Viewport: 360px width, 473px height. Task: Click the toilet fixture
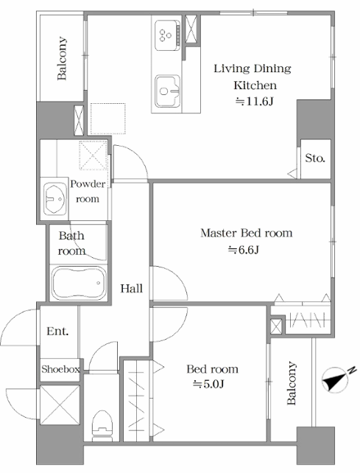(102, 426)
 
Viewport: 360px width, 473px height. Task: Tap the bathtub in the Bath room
(79, 283)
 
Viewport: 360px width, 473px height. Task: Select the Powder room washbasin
(55, 199)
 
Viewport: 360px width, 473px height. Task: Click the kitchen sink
(168, 91)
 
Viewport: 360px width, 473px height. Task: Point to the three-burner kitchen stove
(168, 35)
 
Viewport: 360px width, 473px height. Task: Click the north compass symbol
(336, 379)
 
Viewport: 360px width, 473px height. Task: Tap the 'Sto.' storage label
(315, 158)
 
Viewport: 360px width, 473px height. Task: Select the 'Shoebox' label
(60, 369)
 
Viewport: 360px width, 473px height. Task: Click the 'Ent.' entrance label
(57, 332)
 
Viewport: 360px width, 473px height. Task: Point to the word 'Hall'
(132, 288)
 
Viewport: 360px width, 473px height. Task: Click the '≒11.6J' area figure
(254, 102)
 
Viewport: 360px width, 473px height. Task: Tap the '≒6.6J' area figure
(244, 250)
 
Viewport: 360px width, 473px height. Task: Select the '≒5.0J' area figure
(208, 384)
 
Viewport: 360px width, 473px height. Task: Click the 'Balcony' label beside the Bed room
(292, 383)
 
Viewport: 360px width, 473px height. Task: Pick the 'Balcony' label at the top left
(62, 58)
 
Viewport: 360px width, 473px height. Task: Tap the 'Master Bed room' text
(247, 233)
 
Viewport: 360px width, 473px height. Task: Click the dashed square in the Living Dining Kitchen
(108, 119)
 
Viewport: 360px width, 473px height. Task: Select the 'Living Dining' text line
(253, 69)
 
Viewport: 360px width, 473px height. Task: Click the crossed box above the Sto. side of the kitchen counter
(191, 29)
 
